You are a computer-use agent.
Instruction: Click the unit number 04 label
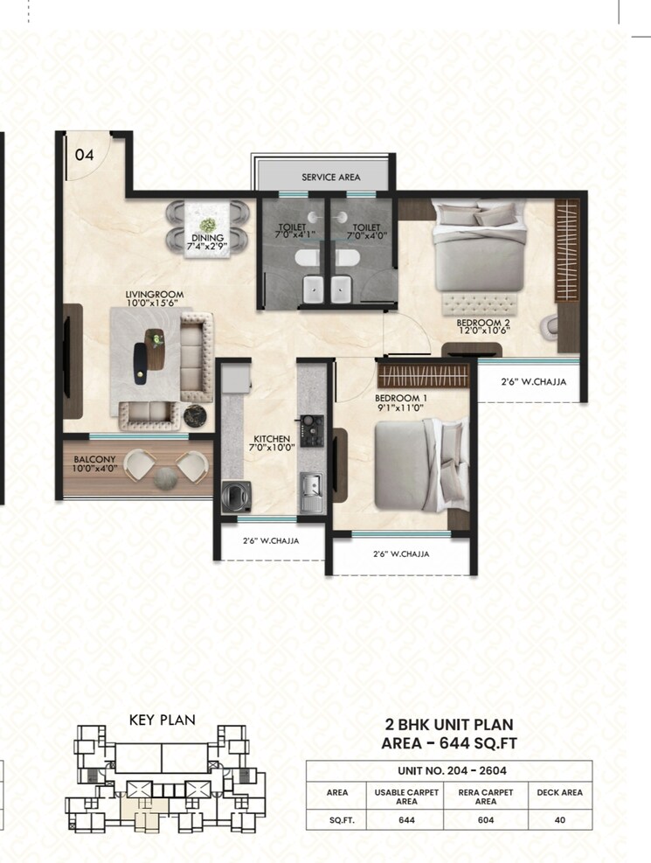click(x=84, y=156)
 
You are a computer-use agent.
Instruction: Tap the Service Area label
click(x=330, y=177)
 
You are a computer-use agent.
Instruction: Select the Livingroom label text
click(x=154, y=296)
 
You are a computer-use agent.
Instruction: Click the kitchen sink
click(x=310, y=486)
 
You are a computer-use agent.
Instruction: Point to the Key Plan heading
click(x=162, y=720)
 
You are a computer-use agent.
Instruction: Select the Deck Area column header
click(x=559, y=792)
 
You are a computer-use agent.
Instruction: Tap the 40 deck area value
click(x=559, y=820)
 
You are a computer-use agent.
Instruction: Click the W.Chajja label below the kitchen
click(x=271, y=541)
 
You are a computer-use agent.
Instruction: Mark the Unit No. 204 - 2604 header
click(x=448, y=770)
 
